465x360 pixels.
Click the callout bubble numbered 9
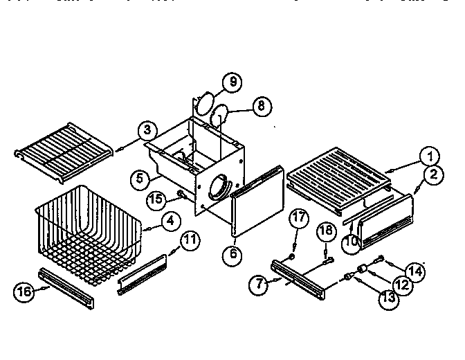coord(232,82)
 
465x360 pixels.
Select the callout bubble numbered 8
coord(260,107)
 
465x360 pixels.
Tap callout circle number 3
coord(145,129)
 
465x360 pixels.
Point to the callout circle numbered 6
coord(233,254)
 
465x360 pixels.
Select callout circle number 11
coord(190,241)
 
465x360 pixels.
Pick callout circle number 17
coord(297,219)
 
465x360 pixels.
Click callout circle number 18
coord(326,230)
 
